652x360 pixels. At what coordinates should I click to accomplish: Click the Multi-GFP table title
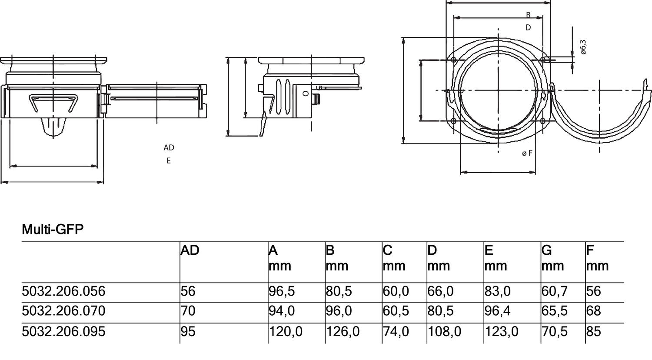pos(52,229)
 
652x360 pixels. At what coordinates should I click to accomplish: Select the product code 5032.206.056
pos(63,291)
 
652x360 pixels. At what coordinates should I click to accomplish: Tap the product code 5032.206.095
pos(63,332)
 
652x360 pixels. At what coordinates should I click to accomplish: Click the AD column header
pos(190,251)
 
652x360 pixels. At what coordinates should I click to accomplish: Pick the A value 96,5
pos(282,291)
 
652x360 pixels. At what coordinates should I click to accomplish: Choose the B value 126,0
pos(343,332)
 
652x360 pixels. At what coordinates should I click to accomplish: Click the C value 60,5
pos(396,311)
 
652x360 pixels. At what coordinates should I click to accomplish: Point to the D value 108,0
pos(444,332)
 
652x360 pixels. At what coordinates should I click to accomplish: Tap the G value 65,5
pos(554,311)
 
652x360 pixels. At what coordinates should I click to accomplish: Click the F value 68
pos(593,311)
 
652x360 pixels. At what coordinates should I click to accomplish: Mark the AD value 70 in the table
pos(188,311)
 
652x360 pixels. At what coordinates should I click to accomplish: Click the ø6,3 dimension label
pos(583,47)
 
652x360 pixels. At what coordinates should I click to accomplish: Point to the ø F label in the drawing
pos(527,153)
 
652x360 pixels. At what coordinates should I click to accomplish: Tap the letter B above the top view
pos(528,15)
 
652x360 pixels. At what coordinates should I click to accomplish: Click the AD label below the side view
pos(169,148)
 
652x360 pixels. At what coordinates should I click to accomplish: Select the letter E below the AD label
pos(169,161)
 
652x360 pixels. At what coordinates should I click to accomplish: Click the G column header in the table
pos(547,251)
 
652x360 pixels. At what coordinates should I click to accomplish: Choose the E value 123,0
pos(501,332)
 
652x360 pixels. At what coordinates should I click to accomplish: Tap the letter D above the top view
pos(528,28)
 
